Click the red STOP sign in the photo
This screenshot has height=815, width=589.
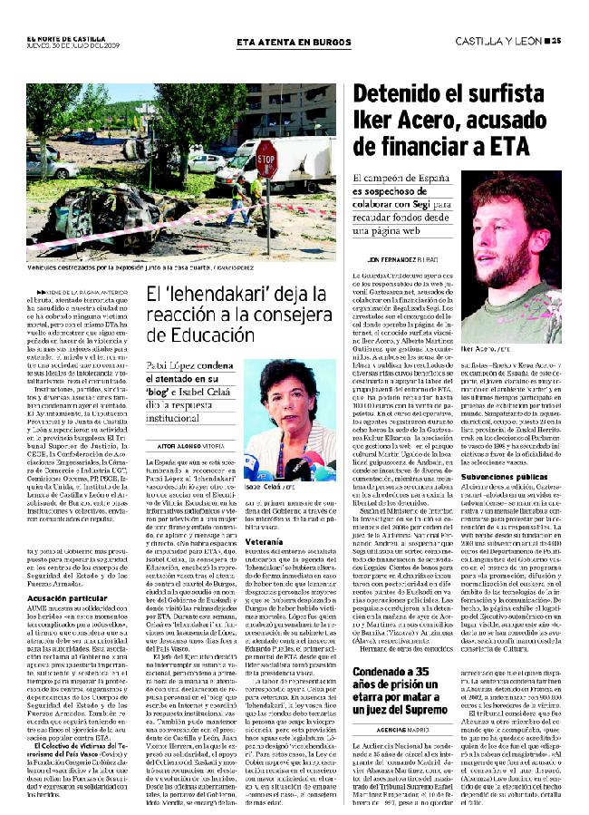pos(266,159)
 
